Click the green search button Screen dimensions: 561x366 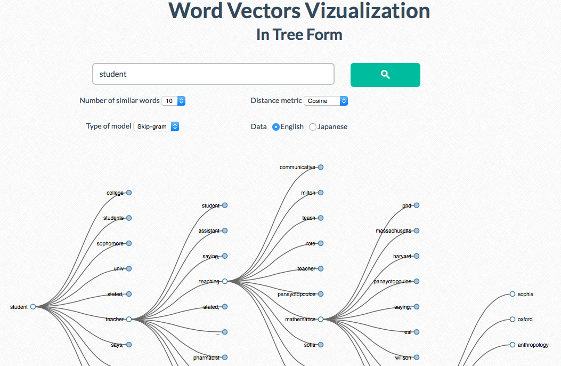pyautogui.click(x=385, y=75)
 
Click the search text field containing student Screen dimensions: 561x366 pyautogui.click(x=213, y=74)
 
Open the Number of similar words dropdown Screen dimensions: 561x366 pyautogui.click(x=174, y=101)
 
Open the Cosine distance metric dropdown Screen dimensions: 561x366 pyautogui.click(x=326, y=101)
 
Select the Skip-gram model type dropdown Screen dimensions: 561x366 pyautogui.click(x=156, y=127)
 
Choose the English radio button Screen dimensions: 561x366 pyautogui.click(x=276, y=127)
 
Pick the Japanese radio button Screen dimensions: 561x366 pyautogui.click(x=313, y=127)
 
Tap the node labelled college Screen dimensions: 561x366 pyautogui.click(x=129, y=193)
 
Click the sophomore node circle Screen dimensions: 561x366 pyautogui.click(x=129, y=243)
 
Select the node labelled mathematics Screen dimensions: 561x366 pyautogui.click(x=321, y=320)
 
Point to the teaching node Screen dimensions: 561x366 pyautogui.click(x=225, y=281)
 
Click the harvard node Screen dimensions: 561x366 pyautogui.click(x=417, y=256)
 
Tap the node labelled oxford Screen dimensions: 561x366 pyautogui.click(x=513, y=320)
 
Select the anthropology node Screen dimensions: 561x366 pyautogui.click(x=513, y=345)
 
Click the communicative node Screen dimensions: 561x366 pyautogui.click(x=321, y=167)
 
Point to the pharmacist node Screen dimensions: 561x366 pyautogui.click(x=225, y=357)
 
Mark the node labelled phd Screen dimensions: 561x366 pyautogui.click(x=417, y=205)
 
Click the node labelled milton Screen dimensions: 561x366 pyautogui.click(x=321, y=193)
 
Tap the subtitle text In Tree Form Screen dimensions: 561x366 pyautogui.click(x=299, y=35)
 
